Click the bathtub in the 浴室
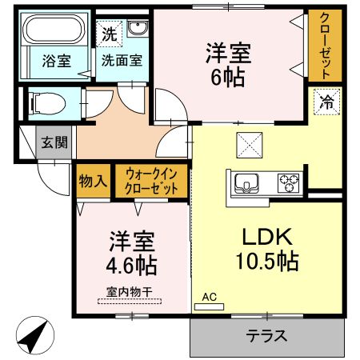pyautogui.click(x=54, y=29)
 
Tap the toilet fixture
pyautogui.click(x=48, y=103)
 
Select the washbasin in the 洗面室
pyautogui.click(x=138, y=28)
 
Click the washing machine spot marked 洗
pyautogui.click(x=109, y=34)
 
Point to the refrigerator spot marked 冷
pyautogui.click(x=327, y=102)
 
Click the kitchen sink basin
pyautogui.click(x=246, y=183)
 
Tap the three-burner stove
pyautogui.click(x=288, y=183)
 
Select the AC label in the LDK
pyautogui.click(x=209, y=297)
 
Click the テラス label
pyautogui.click(x=266, y=336)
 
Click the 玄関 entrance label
pyautogui.click(x=54, y=142)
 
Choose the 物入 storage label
pyautogui.click(x=93, y=182)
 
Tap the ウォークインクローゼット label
pyautogui.click(x=151, y=182)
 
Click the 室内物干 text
pyautogui.click(x=130, y=292)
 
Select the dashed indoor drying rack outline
pyautogui.click(x=130, y=302)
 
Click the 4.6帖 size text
pyautogui.click(x=131, y=266)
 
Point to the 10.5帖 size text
pyautogui.click(x=267, y=262)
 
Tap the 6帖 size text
pyautogui.click(x=228, y=78)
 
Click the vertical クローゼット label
pyautogui.click(x=325, y=46)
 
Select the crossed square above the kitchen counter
pyautogui.click(x=250, y=145)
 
